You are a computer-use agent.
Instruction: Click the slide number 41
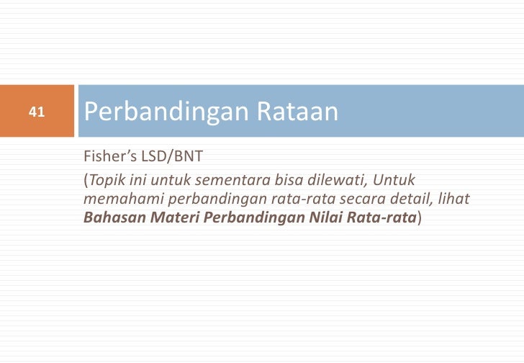point(37,112)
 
